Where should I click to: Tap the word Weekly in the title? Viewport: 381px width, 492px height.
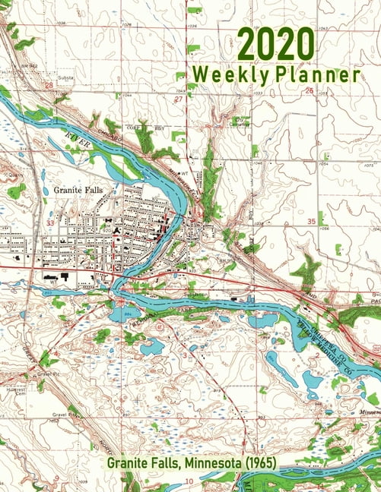pyautogui.click(x=224, y=75)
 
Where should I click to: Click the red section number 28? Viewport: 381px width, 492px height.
pyautogui.click(x=49, y=86)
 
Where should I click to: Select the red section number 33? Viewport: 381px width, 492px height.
pyautogui.click(x=49, y=223)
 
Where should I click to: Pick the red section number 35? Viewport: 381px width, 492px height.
pyautogui.click(x=311, y=221)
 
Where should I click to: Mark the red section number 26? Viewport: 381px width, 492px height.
pyautogui.click(x=309, y=90)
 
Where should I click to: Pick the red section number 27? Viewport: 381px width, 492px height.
pyautogui.click(x=179, y=99)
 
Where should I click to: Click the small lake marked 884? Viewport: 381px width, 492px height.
pyautogui.click(x=121, y=311)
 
